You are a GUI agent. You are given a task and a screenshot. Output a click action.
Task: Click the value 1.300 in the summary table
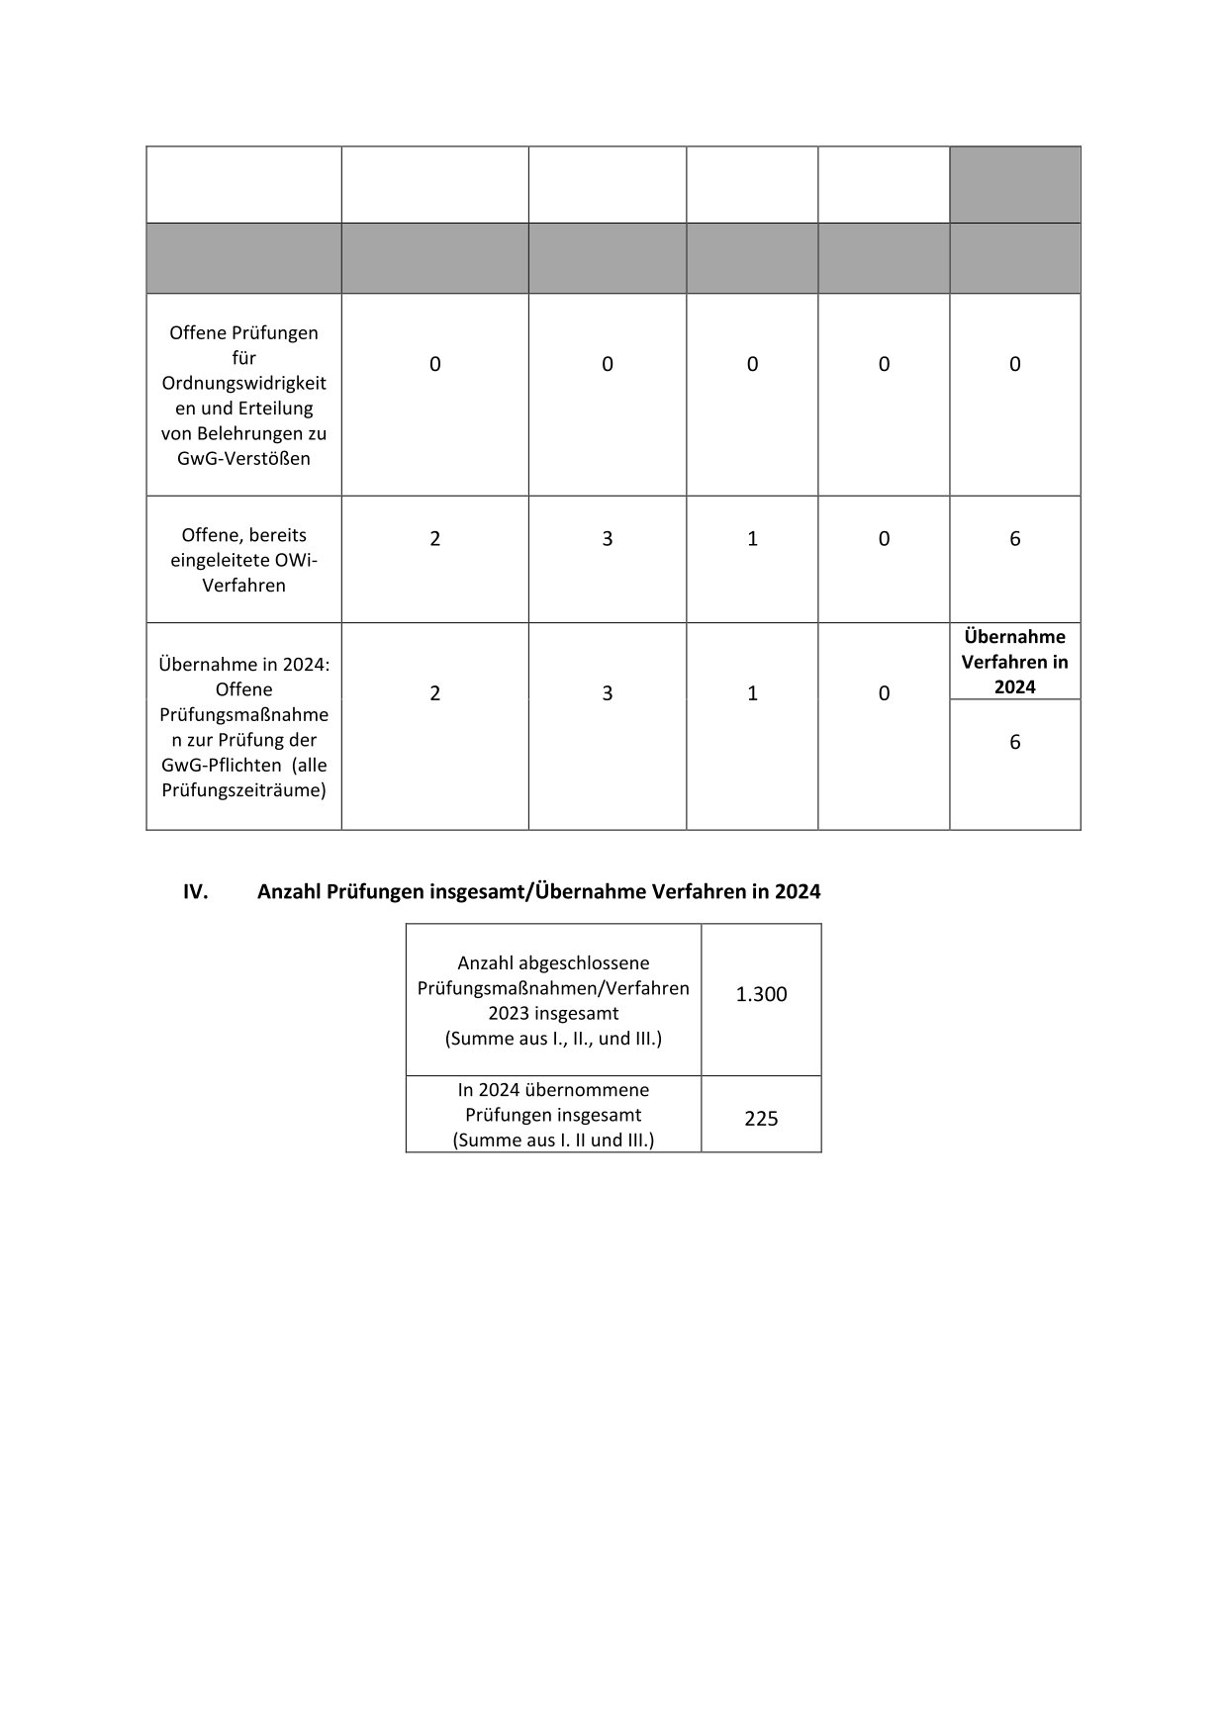click(x=761, y=994)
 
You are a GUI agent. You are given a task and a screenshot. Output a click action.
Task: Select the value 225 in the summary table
click(x=761, y=1119)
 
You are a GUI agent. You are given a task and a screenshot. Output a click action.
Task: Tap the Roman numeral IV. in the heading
click(x=195, y=891)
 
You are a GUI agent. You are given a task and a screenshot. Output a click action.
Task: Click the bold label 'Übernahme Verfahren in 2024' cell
click(x=1014, y=662)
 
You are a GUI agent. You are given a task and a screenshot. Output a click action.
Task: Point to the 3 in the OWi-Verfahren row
click(x=607, y=538)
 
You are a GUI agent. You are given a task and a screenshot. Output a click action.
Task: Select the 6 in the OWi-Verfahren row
click(x=1014, y=538)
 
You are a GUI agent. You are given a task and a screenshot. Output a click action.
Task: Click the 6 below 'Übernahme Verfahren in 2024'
click(x=1014, y=742)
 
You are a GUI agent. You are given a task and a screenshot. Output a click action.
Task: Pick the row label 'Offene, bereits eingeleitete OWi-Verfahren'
click(x=243, y=560)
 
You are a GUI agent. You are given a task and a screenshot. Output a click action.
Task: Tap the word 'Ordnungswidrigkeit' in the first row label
click(x=243, y=383)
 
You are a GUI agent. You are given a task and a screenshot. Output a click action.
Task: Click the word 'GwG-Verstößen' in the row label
click(x=243, y=458)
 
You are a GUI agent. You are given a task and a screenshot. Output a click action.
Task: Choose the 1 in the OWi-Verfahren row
click(x=752, y=538)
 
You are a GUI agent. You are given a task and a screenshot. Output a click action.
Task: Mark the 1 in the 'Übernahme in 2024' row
click(x=752, y=693)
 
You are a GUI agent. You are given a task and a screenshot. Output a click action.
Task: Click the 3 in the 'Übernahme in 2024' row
click(x=607, y=693)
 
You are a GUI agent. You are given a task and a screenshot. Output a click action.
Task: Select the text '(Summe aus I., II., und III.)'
click(x=553, y=1039)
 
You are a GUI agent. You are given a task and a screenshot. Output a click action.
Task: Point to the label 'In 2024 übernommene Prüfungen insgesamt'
click(x=553, y=1102)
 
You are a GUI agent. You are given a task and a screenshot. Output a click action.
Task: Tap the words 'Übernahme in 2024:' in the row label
click(x=243, y=664)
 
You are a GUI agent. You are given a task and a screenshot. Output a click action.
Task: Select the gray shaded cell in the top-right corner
click(x=1014, y=185)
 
